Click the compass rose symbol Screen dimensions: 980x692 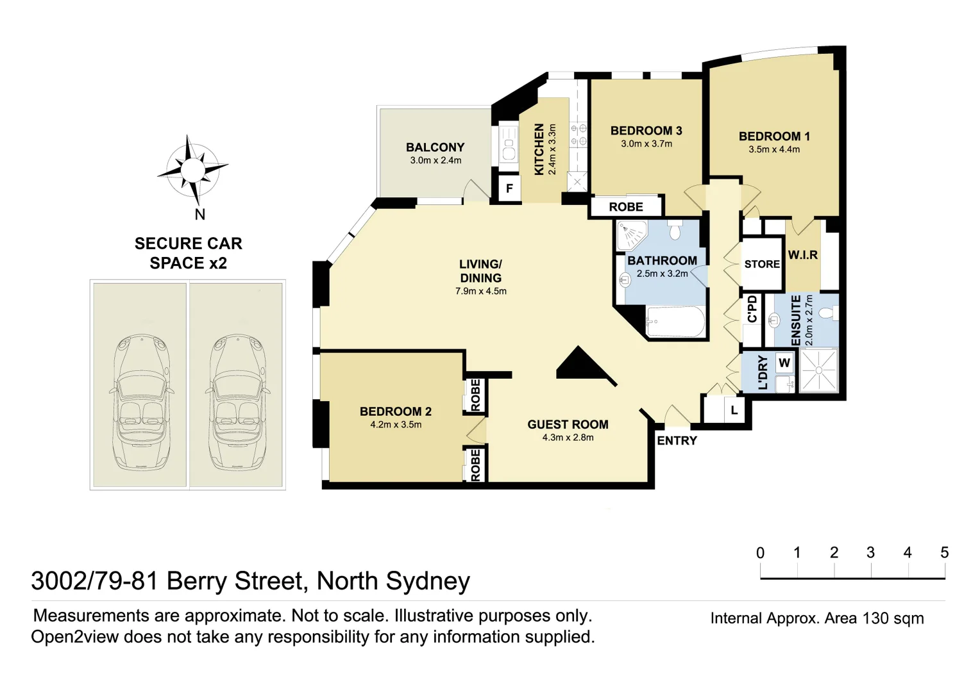192,170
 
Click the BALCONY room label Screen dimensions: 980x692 435,147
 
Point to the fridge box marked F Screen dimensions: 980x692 509,189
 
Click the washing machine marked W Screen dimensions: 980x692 784,363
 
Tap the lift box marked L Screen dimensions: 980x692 734,410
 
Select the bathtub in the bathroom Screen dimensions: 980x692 675,321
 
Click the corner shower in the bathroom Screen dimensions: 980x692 632,236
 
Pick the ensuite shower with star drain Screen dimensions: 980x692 818,370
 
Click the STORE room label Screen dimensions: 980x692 762,264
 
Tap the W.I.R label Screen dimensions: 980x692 802,255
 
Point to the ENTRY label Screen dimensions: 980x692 677,441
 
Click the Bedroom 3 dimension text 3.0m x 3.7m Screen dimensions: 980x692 646,144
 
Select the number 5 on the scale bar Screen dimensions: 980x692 945,552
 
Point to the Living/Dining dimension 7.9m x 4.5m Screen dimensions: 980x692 481,291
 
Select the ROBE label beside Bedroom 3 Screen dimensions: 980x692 626,207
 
